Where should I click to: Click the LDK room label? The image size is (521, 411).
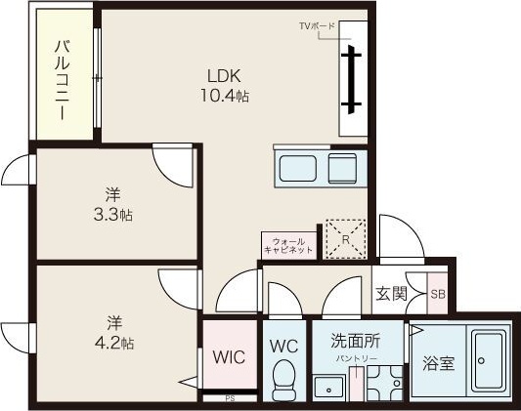(224, 76)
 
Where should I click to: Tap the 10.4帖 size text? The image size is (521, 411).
(224, 96)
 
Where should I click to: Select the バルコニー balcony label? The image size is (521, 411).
(63, 80)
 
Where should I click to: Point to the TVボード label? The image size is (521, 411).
(317, 25)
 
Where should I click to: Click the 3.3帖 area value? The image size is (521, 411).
(113, 216)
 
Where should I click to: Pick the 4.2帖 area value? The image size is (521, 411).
(114, 344)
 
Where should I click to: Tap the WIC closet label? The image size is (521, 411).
(229, 357)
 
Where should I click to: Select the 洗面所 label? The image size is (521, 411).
(355, 340)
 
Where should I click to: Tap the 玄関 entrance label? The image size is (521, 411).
(391, 293)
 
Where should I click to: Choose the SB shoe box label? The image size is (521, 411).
(438, 294)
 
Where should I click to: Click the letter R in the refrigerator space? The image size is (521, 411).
(346, 239)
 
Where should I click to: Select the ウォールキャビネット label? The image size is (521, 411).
(288, 245)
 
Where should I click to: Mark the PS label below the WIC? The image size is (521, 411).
(230, 398)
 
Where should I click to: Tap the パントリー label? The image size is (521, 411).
(357, 358)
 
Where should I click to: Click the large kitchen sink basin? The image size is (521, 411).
(298, 168)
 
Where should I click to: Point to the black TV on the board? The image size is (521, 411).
(351, 79)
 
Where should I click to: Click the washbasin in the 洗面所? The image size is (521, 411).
(328, 389)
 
